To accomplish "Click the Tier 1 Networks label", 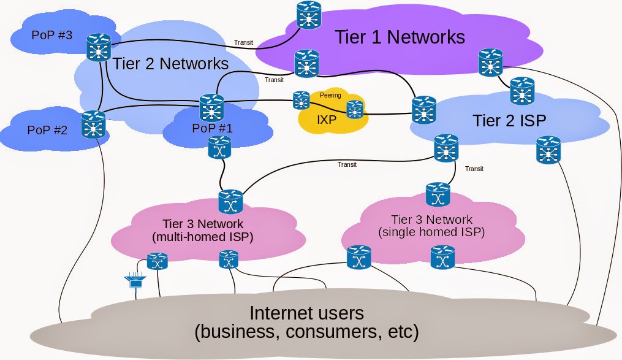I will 400,37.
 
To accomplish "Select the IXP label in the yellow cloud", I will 327,119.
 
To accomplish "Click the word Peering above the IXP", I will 330,96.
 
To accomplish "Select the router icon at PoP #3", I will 98,47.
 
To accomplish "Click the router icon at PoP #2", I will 93,124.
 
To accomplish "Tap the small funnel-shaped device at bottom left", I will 135,281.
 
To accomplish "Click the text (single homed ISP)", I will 431,232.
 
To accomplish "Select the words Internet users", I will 306,313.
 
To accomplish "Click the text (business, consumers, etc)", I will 306,333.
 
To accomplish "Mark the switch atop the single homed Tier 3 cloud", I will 438,195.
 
